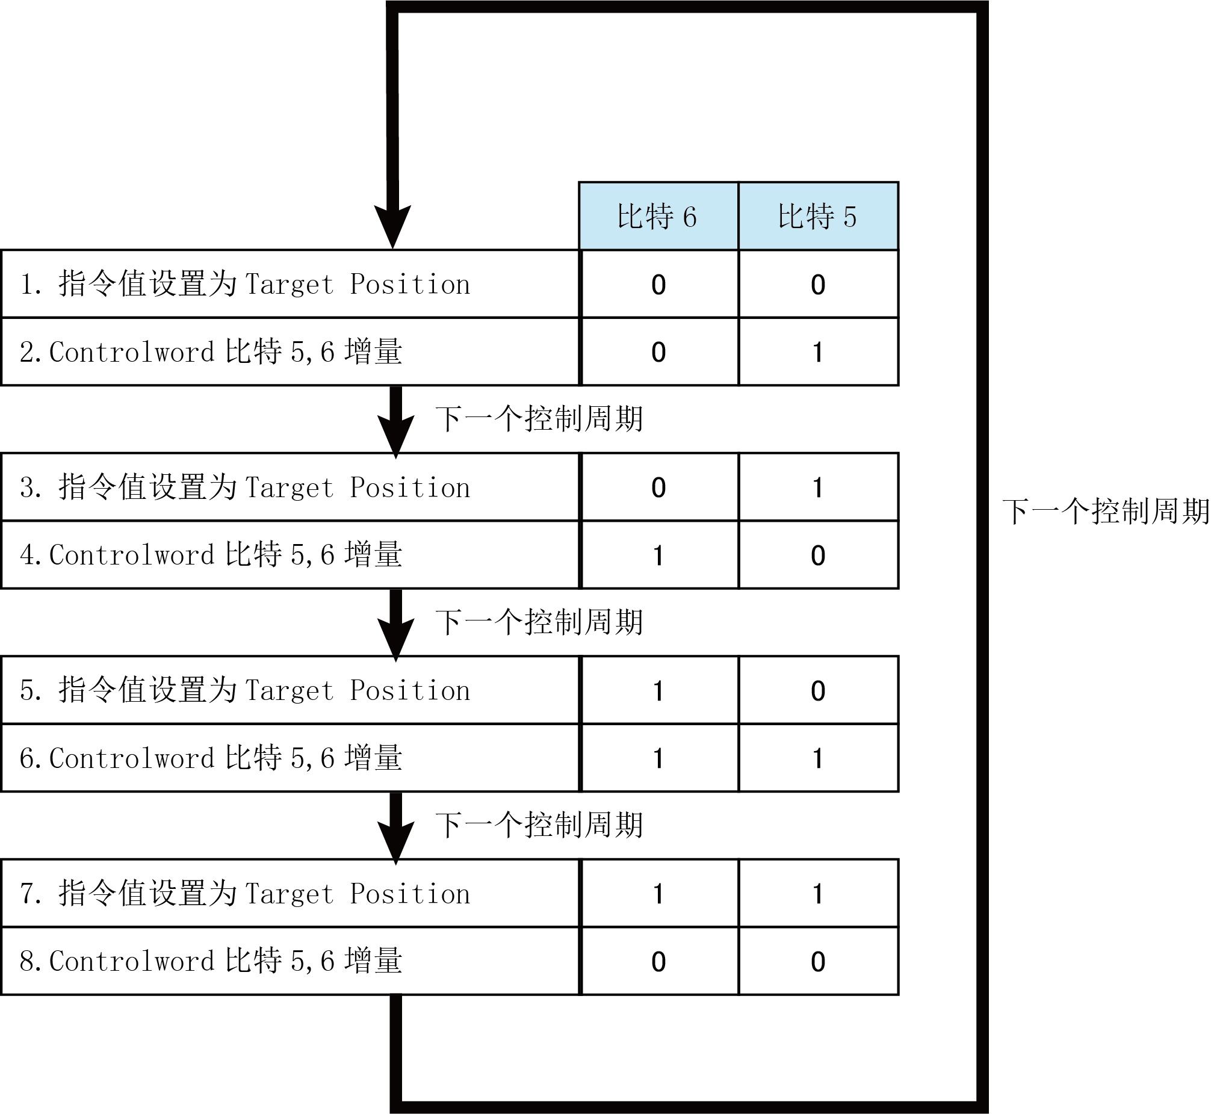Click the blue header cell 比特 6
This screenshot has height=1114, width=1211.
658,216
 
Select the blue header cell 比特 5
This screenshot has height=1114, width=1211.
818,216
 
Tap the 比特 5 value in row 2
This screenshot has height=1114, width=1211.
818,352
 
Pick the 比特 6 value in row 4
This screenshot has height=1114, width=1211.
658,555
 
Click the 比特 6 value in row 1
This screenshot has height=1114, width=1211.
658,285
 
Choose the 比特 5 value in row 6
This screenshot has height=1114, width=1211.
818,758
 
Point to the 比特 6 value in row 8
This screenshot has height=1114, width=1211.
658,962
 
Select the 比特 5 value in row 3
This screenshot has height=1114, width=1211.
818,487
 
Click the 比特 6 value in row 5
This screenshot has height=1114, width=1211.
658,691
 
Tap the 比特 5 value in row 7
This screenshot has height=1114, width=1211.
818,894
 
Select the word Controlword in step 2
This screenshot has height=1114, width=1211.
131,352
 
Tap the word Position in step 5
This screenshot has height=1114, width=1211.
410,691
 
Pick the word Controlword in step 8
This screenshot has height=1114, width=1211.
131,962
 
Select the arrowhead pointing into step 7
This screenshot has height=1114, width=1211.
395,843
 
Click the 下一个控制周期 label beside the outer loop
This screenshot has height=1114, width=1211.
1106,512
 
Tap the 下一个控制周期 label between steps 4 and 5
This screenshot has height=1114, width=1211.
539,622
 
